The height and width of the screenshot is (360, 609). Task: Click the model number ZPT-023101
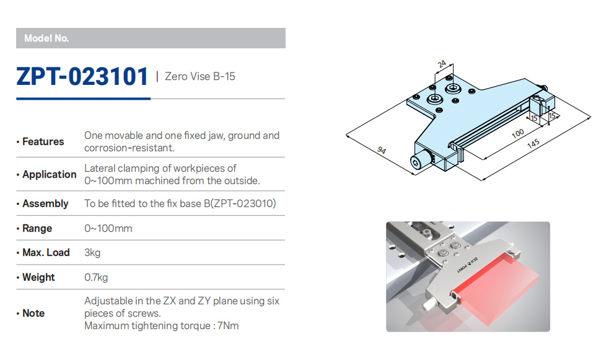pos(82,76)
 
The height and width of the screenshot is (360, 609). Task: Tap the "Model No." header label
pos(46,38)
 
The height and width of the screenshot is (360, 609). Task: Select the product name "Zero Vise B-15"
pos(200,76)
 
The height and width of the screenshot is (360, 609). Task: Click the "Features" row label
pos(43,141)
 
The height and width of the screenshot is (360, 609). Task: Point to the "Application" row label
pos(50,174)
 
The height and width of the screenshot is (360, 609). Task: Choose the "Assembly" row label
pos(45,203)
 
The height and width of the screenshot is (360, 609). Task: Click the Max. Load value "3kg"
pos(92,253)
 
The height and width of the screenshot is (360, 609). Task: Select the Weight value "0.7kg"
pos(96,278)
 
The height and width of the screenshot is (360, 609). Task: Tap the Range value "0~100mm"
pos(108,229)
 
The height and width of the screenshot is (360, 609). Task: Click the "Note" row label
pos(33,313)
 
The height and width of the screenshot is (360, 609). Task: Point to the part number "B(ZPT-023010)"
pos(240,203)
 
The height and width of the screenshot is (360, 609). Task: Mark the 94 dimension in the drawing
pos(382,150)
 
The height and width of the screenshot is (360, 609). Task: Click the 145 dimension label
pos(533,144)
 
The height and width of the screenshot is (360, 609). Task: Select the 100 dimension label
pos(518,134)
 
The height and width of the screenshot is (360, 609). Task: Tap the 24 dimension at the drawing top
pos(442,64)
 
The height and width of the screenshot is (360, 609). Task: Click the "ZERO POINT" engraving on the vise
pos(467,265)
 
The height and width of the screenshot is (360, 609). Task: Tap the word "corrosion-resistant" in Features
pos(129,148)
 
